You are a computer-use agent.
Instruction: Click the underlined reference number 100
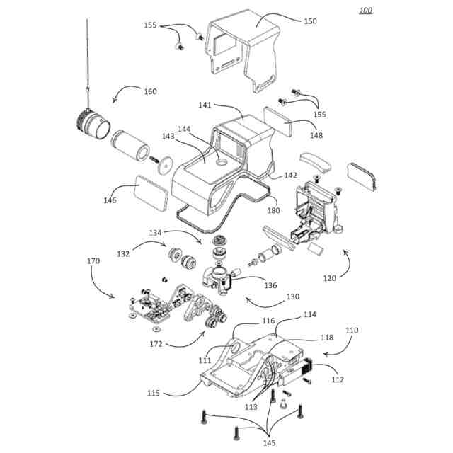tap(365, 10)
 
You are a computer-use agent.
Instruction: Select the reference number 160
tap(149, 91)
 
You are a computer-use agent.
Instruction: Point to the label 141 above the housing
tap(205, 105)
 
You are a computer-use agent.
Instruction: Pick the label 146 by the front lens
tap(109, 200)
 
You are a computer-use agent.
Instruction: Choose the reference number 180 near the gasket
tap(273, 210)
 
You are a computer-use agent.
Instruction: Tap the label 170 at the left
tap(93, 261)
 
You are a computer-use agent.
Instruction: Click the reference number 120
tap(330, 278)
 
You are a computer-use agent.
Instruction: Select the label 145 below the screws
tap(268, 443)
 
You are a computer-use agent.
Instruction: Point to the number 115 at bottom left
tap(172, 392)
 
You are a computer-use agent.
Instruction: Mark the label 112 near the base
tap(338, 379)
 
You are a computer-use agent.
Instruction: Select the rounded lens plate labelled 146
tap(150, 193)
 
